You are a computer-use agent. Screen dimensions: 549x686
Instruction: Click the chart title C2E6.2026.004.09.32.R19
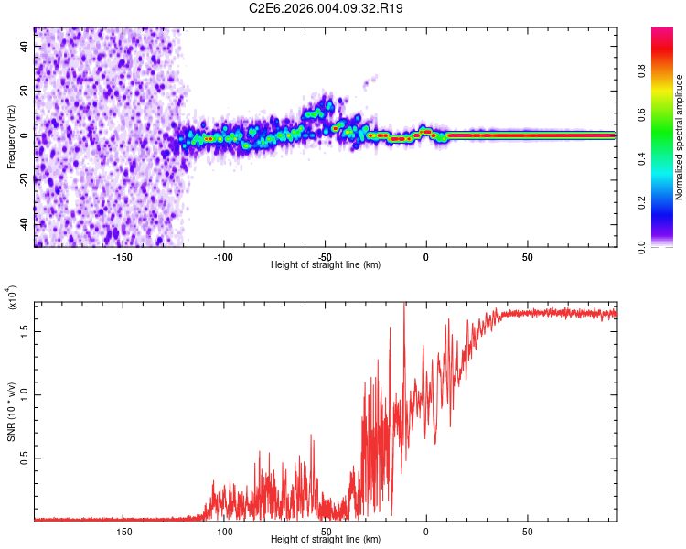tap(327, 8)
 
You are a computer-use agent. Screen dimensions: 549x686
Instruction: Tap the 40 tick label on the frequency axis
tap(25, 47)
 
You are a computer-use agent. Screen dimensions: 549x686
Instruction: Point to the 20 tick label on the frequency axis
tap(25, 91)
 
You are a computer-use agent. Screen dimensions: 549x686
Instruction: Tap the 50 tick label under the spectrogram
tap(527, 256)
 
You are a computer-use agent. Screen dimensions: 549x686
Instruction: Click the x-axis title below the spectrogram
tap(326, 265)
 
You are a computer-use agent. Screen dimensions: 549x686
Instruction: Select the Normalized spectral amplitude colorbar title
tap(680, 138)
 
